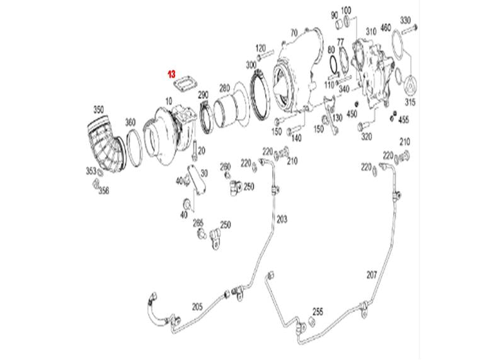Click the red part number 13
(171, 74)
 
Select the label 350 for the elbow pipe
(99, 110)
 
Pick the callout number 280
(225, 88)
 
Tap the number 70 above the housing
(294, 33)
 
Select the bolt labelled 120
(265, 55)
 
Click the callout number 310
(371, 32)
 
